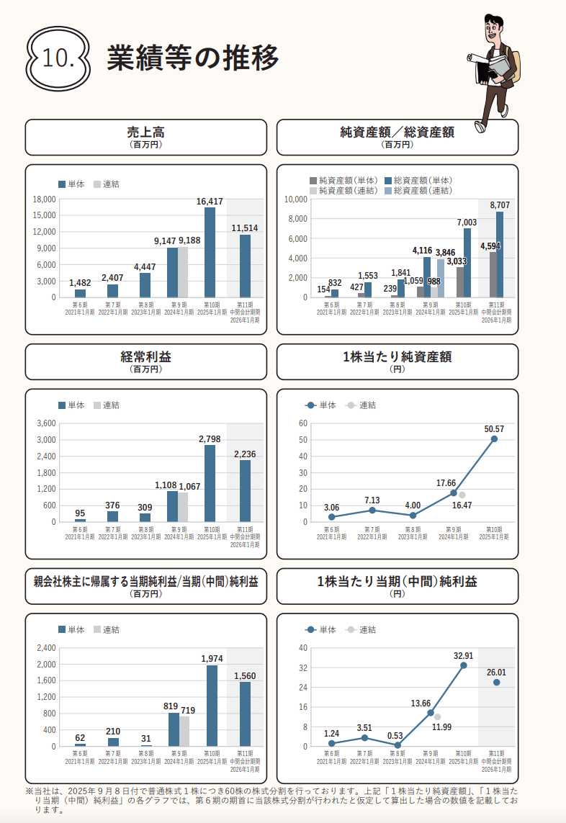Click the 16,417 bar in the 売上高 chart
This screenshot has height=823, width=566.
tap(210, 252)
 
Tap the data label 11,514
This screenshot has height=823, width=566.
tap(245, 228)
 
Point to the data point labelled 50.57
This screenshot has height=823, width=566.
tap(494, 439)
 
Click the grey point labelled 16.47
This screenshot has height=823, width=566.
tap(462, 495)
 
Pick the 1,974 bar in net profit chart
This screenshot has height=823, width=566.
tap(212, 706)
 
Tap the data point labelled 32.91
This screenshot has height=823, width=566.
tap(463, 665)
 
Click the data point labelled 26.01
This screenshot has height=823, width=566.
tap(496, 683)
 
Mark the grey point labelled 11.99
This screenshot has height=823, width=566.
tap(437, 717)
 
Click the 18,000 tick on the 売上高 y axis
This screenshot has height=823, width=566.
tap(45, 199)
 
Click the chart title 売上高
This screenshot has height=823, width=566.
tap(145, 132)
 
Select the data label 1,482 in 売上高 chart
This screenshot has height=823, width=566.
tap(80, 283)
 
